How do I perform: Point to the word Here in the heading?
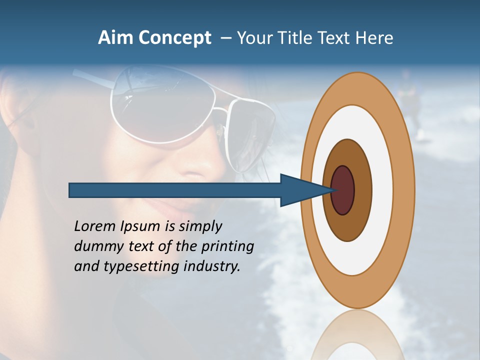[374, 38]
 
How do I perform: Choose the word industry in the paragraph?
[212, 266]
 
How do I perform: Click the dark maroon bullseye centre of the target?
[343, 190]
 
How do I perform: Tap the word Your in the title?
[253, 38]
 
